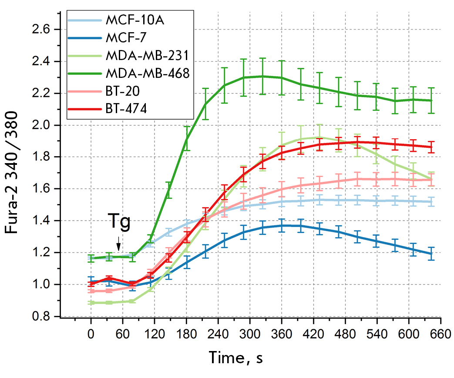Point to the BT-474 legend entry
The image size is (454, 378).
tap(122, 109)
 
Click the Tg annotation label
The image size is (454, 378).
tap(119, 224)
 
